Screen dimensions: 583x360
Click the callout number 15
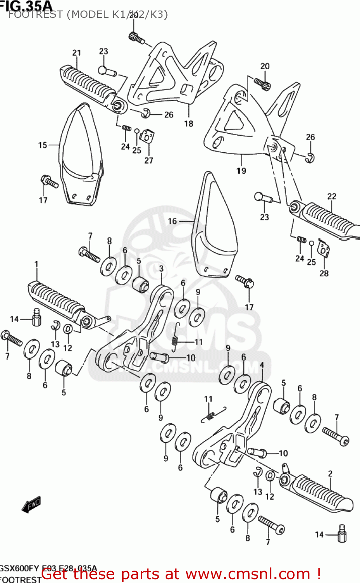(x=42, y=145)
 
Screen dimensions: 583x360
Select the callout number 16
(x=172, y=221)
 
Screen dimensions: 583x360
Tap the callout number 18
(x=189, y=124)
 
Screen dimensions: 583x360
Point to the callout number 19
(x=241, y=171)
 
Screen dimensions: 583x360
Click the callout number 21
(x=77, y=53)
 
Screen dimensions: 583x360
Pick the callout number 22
(x=332, y=196)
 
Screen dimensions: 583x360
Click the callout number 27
(x=149, y=160)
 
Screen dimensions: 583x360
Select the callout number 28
(x=324, y=273)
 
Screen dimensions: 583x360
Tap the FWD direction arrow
(x=31, y=504)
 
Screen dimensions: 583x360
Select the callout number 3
(x=161, y=269)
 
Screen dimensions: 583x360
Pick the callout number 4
(x=262, y=365)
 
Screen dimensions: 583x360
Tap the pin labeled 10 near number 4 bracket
(x=257, y=452)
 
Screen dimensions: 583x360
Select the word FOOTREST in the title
(x=35, y=14)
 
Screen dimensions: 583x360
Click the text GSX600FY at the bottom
(x=19, y=568)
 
